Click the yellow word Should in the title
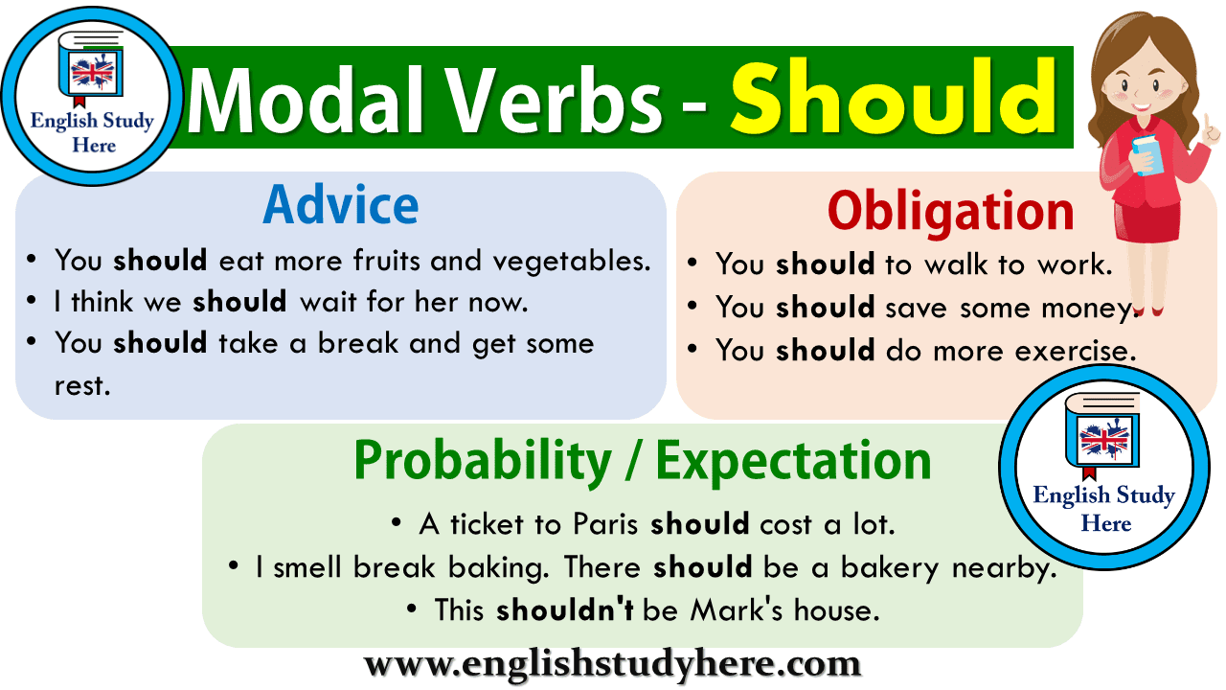[893, 97]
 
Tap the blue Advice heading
[341, 204]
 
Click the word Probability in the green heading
[482, 461]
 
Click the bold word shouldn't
[564, 609]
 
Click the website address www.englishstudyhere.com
[612, 663]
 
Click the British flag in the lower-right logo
[1103, 440]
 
